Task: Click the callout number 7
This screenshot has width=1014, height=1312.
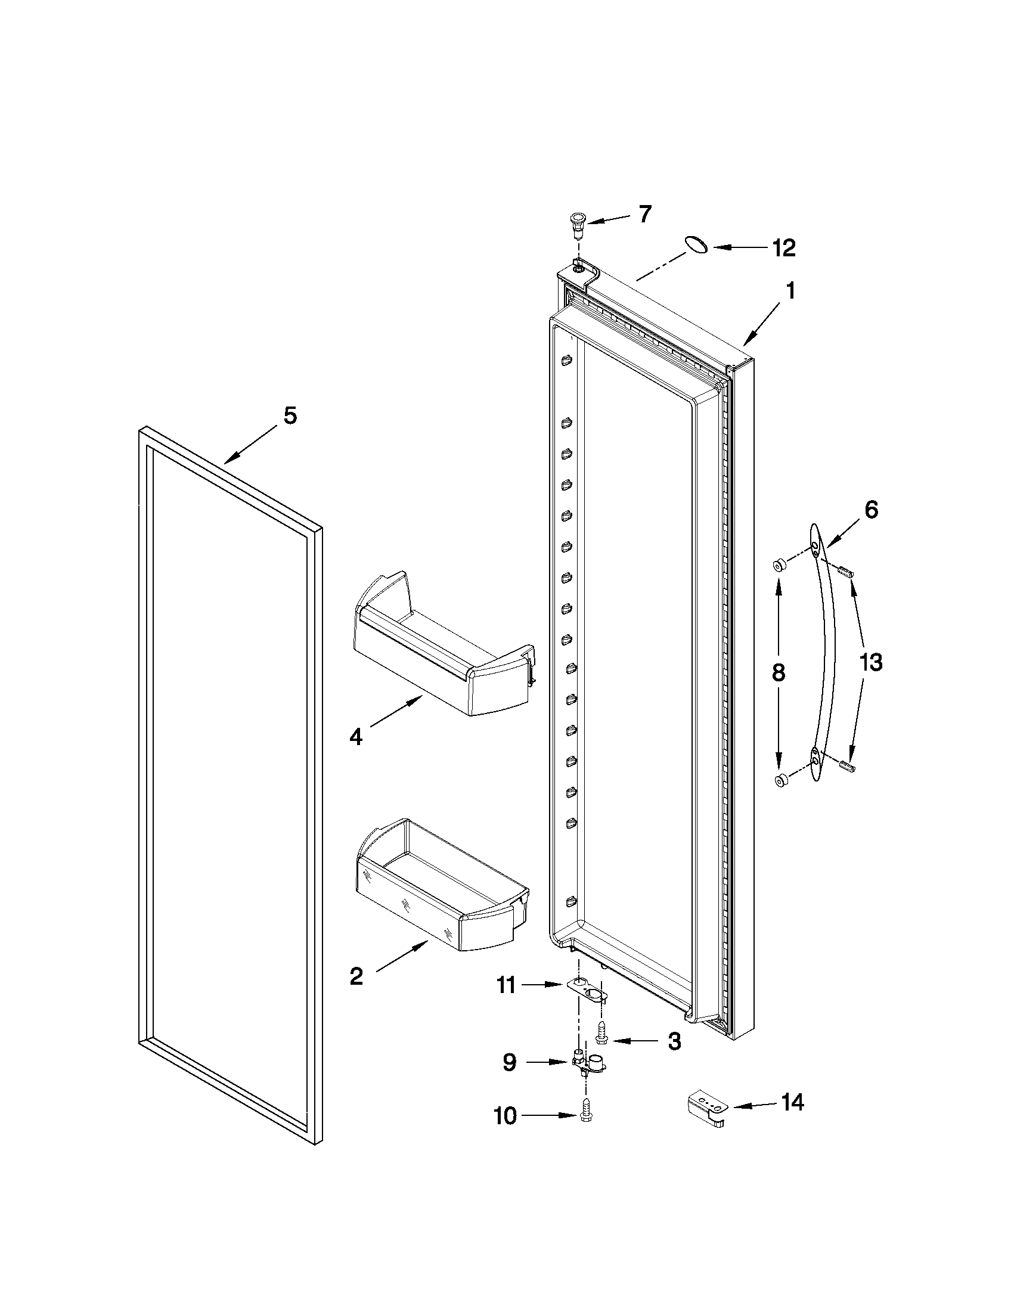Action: (x=644, y=214)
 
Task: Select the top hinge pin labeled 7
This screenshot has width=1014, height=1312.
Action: (x=577, y=224)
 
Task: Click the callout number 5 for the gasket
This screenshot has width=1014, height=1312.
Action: (x=290, y=415)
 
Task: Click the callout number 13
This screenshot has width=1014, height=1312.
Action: (x=870, y=663)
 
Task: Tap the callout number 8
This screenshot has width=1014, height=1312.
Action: (x=778, y=672)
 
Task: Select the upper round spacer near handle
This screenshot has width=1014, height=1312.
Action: (x=779, y=564)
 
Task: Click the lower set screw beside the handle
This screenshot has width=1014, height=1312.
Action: (x=846, y=766)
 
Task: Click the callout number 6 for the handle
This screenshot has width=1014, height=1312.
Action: (x=871, y=510)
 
